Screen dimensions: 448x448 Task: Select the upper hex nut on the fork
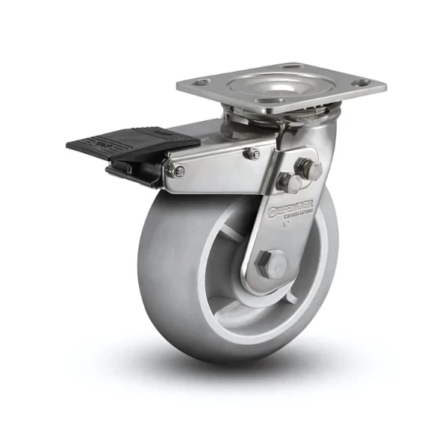pos(308,168)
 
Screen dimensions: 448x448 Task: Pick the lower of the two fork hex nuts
pos(288,182)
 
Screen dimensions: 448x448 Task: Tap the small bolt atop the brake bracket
pos(252,153)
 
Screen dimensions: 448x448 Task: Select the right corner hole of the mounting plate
pos(361,82)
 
